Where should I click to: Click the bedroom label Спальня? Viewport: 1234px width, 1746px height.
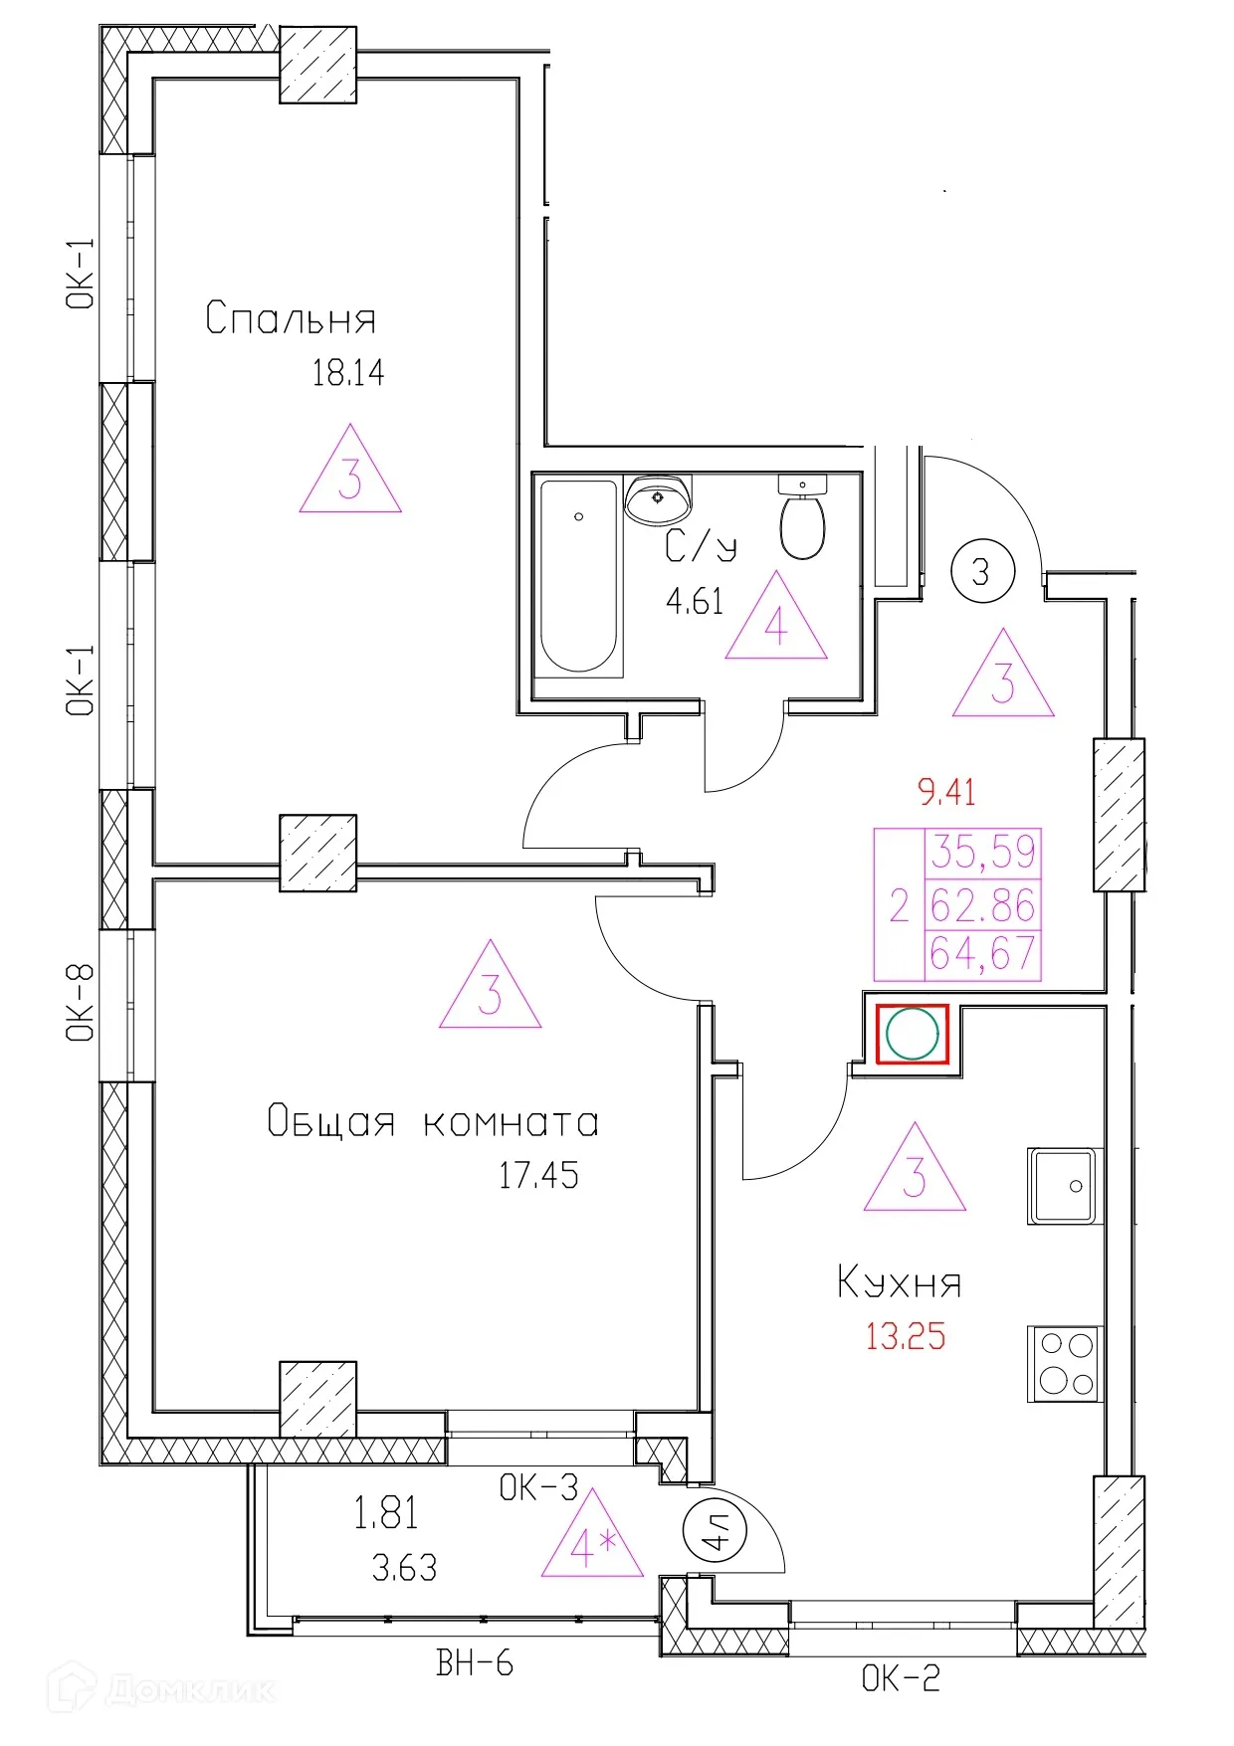click(x=291, y=318)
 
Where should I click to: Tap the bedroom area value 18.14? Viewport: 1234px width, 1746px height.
click(x=348, y=373)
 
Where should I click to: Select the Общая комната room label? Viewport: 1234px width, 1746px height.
click(x=433, y=1122)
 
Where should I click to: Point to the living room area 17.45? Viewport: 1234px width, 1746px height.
click(x=538, y=1175)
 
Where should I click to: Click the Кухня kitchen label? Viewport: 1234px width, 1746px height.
click(x=900, y=1282)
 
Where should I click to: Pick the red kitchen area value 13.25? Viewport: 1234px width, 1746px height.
click(x=906, y=1336)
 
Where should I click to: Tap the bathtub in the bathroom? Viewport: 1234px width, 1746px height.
click(x=579, y=577)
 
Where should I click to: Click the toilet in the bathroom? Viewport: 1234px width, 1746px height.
click(x=802, y=517)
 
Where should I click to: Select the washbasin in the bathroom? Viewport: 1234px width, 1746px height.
click(x=658, y=499)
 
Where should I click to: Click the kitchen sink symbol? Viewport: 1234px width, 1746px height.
click(x=1063, y=1186)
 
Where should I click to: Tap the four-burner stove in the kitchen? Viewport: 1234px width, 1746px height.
click(x=1064, y=1364)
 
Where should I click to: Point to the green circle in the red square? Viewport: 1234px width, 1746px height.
click(x=913, y=1034)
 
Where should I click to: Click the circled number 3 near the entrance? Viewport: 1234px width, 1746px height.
click(x=982, y=572)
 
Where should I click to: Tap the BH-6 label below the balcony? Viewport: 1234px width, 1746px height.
click(x=475, y=1662)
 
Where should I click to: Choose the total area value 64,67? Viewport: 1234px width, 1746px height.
click(x=983, y=954)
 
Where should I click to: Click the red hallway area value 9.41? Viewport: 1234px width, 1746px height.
click(x=946, y=793)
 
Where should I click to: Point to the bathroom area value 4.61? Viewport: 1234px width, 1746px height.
click(x=695, y=602)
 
